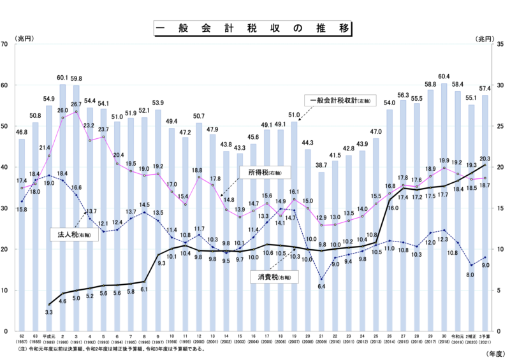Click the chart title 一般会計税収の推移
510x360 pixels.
254,29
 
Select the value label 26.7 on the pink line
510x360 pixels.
76,104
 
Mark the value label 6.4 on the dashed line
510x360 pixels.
322,287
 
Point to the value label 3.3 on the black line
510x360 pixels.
49,313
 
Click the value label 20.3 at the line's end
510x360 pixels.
486,159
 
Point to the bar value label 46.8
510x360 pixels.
22,133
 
